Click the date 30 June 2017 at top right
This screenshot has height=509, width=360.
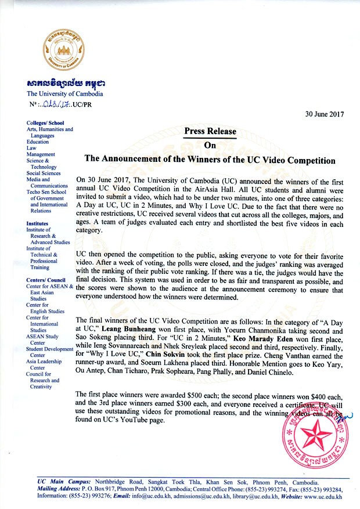tap(326, 113)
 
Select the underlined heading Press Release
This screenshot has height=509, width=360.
tap(210, 131)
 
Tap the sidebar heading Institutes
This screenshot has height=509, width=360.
tap(38, 222)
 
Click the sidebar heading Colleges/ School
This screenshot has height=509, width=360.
tap(45, 123)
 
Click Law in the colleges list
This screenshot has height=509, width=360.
tap(32, 148)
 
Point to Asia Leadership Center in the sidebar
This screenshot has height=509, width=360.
tap(45, 371)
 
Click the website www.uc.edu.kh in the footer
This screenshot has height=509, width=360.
tap(317, 497)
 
